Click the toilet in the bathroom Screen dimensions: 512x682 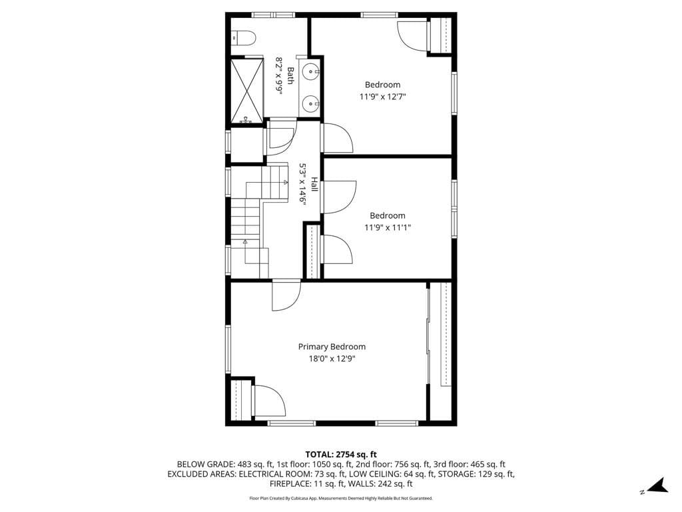coord(242,38)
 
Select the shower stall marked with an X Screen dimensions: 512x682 coord(248,91)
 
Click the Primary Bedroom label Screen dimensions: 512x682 coord(332,347)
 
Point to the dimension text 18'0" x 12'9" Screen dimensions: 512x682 coord(332,359)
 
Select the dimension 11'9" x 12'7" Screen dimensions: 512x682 coord(383,97)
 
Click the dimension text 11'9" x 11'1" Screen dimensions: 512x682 coord(388,227)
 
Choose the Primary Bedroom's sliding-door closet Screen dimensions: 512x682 coord(440,333)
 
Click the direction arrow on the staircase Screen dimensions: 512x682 coord(245,241)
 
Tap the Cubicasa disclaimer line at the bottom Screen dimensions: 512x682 coord(341,498)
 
